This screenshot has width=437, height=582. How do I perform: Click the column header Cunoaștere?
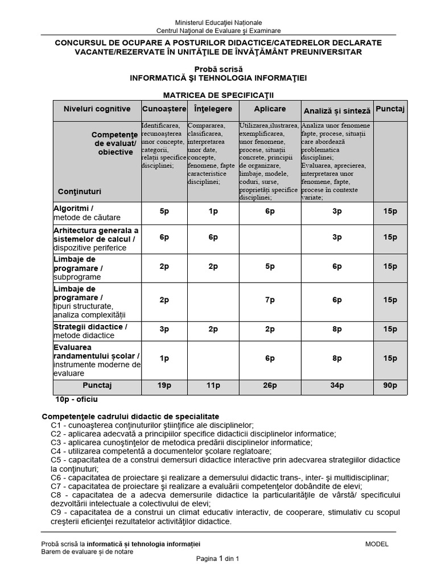tap(164, 109)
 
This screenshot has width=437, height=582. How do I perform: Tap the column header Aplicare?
tap(270, 109)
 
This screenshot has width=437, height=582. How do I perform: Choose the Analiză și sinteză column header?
tap(337, 111)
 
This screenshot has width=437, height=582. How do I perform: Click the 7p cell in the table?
tap(270, 300)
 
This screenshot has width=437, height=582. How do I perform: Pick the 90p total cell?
tap(390, 385)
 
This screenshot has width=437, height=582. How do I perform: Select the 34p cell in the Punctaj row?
tap(337, 385)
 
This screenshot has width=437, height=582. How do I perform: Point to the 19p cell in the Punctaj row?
tap(164, 385)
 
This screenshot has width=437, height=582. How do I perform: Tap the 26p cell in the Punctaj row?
tap(270, 385)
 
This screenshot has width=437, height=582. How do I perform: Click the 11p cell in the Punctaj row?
tap(213, 385)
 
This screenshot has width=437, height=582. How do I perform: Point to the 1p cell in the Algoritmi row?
tap(213, 211)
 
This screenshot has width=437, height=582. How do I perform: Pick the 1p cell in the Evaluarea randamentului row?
tap(164, 358)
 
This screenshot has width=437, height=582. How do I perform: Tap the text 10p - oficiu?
tap(77, 400)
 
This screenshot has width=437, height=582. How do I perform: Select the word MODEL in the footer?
tap(377, 544)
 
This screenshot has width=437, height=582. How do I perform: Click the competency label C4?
tap(56, 451)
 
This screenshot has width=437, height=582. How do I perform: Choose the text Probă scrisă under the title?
tap(218, 69)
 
